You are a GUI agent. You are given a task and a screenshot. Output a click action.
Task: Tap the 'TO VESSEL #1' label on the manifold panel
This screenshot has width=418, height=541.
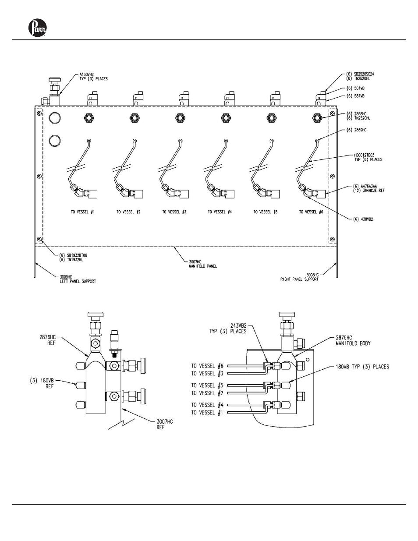click(83, 212)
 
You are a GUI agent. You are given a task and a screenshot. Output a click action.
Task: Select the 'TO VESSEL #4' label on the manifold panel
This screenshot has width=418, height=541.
click(220, 212)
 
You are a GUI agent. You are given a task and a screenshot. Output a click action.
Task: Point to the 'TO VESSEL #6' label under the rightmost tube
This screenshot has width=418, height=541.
click(311, 212)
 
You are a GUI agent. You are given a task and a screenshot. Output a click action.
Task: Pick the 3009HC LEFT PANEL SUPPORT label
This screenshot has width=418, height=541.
click(78, 279)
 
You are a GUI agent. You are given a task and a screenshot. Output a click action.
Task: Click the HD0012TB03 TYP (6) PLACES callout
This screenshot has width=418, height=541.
click(368, 157)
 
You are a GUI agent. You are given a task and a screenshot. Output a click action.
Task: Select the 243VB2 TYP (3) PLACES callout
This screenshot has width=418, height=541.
click(233, 329)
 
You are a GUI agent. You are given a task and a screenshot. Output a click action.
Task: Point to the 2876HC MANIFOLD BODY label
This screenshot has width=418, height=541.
click(353, 341)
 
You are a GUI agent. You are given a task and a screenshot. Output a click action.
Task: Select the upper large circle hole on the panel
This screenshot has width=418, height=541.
click(55, 117)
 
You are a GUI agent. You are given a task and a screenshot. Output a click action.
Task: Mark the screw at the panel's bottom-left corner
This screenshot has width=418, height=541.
click(40, 240)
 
